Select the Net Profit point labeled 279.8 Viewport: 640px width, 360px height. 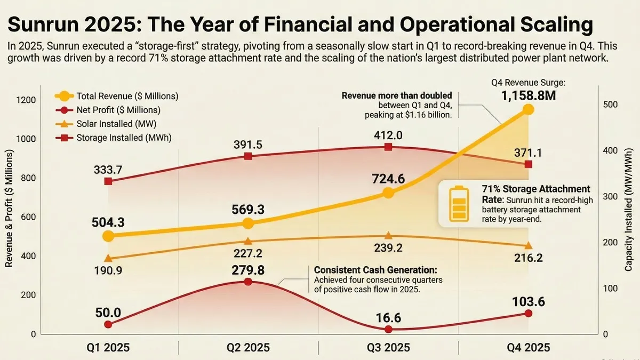coord(248,282)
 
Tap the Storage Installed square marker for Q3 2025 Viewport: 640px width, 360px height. coord(388,147)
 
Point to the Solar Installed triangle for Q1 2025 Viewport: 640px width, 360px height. coord(108,258)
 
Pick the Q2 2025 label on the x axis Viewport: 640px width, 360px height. coord(248,348)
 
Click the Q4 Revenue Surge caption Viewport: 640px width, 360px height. coord(527,83)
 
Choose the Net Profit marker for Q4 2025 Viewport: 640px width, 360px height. coord(528,314)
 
